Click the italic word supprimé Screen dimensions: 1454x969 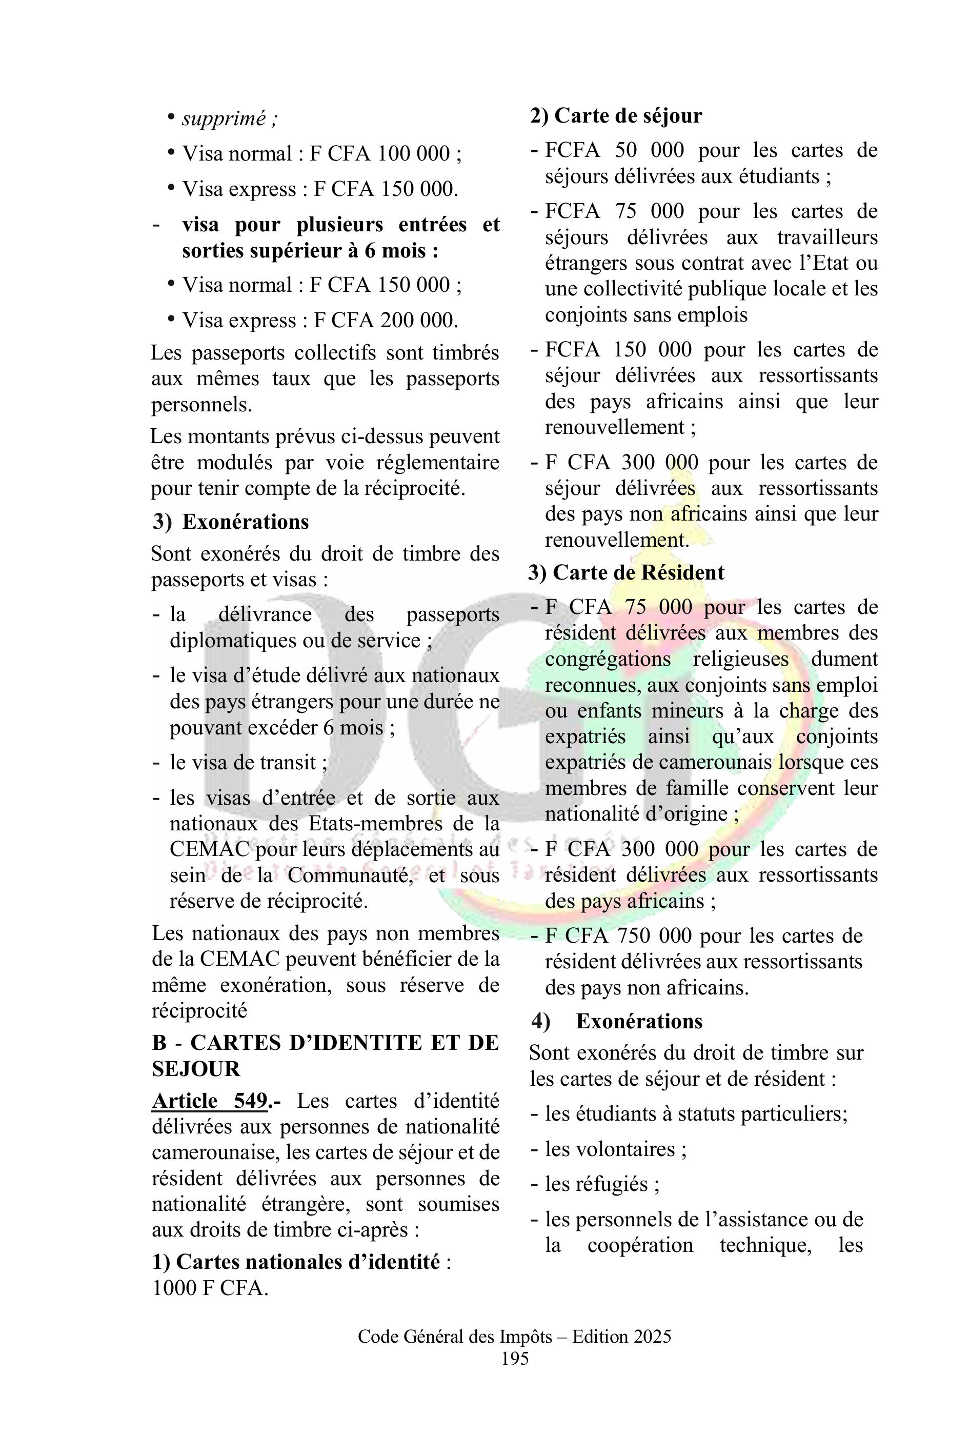pos(223,118)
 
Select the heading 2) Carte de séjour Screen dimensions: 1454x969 pos(616,115)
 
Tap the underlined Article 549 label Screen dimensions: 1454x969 pos(210,1101)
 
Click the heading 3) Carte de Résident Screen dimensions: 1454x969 pos(626,572)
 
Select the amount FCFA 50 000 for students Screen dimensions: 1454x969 pos(614,150)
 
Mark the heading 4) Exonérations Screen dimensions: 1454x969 pos(618,1021)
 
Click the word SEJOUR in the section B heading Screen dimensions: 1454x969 pos(196,1069)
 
